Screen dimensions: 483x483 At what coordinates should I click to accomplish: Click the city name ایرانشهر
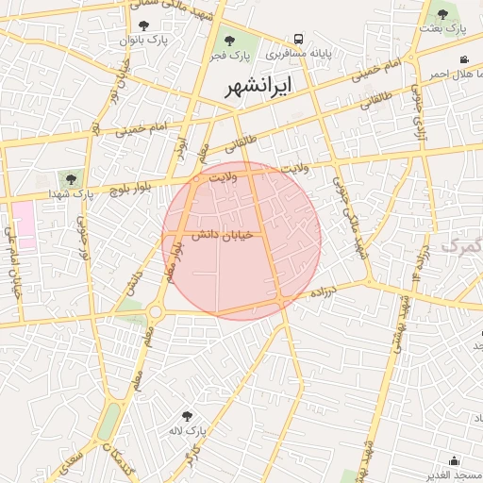point(258,86)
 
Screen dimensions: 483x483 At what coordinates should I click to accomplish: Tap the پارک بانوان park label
point(142,41)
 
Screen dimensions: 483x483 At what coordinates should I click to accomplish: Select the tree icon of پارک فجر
point(229,41)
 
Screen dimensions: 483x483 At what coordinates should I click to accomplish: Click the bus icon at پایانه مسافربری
point(298,40)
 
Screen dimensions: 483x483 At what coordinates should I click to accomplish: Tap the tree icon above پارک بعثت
point(442,13)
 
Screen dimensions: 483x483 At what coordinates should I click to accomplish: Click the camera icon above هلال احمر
point(463,60)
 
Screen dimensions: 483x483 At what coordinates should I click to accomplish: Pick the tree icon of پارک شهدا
point(70,178)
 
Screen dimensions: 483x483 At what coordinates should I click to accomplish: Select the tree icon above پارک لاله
point(187,415)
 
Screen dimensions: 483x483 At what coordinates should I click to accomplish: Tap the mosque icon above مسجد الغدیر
point(455,460)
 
